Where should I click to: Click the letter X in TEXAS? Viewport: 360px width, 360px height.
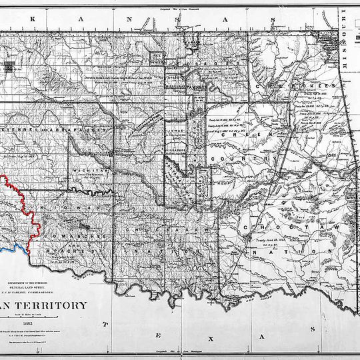coord(211,339)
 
